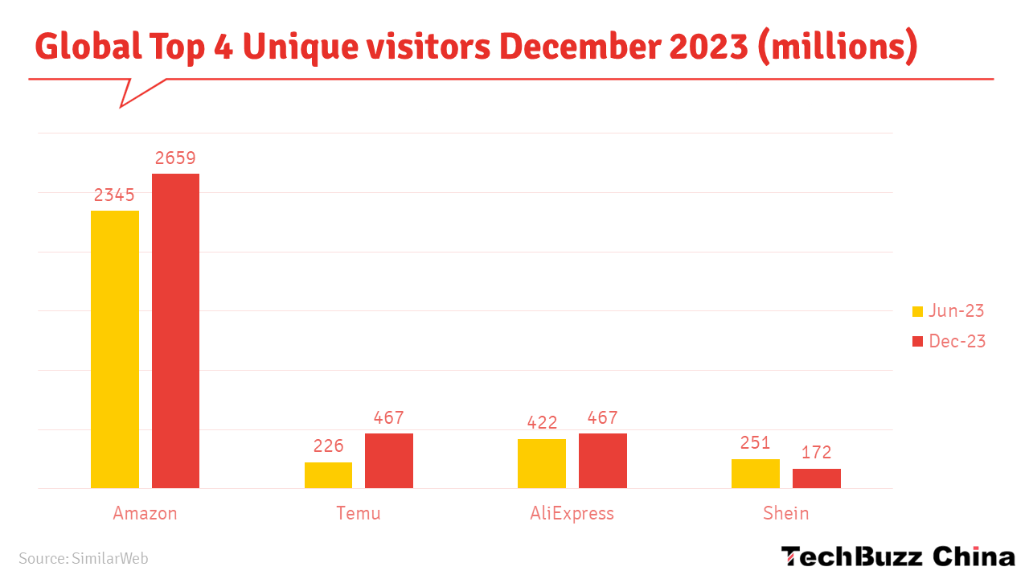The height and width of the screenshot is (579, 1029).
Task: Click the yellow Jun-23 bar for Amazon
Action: pyautogui.click(x=115, y=349)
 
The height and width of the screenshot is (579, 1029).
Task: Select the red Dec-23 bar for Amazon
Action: pyautogui.click(x=175, y=331)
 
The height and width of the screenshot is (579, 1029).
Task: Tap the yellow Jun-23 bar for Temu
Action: pyautogui.click(x=328, y=475)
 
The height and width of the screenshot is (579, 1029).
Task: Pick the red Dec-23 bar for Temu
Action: pyautogui.click(x=389, y=461)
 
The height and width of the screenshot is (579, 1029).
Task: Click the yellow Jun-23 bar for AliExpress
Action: pyautogui.click(x=542, y=463)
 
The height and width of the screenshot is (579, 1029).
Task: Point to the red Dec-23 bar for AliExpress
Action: pyautogui.click(x=602, y=461)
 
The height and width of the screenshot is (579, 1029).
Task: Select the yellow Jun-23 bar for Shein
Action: pyautogui.click(x=755, y=474)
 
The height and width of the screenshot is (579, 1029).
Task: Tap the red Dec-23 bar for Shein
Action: pyautogui.click(x=816, y=478)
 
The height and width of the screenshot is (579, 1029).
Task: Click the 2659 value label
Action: pyautogui.click(x=175, y=158)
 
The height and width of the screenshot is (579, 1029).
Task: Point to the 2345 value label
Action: pyautogui.click(x=114, y=195)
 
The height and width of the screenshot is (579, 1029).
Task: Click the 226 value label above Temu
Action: pyautogui.click(x=328, y=446)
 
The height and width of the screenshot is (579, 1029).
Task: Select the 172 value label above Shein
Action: pyautogui.click(x=816, y=452)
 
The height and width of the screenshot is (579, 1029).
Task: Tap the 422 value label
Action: pyautogui.click(x=542, y=423)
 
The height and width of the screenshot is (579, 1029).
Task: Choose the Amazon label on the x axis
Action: pyautogui.click(x=145, y=513)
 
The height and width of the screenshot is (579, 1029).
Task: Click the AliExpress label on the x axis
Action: pyautogui.click(x=572, y=513)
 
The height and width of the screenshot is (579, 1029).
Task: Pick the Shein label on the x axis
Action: pyautogui.click(x=785, y=513)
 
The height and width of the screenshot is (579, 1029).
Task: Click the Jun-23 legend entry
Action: pyautogui.click(x=949, y=311)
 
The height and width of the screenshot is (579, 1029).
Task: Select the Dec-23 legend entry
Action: pyautogui.click(x=949, y=341)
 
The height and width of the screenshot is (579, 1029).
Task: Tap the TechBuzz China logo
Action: pyautogui.click(x=898, y=556)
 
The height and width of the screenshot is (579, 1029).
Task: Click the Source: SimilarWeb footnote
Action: pyautogui.click(x=84, y=558)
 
